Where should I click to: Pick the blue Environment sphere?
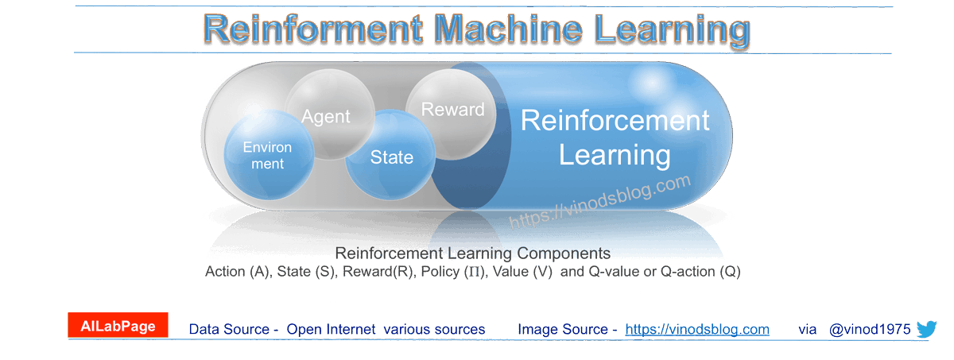point(268,154)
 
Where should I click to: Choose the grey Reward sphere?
point(452,111)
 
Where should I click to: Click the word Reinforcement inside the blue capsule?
point(615,121)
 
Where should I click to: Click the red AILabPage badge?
point(118,326)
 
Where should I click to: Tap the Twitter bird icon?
point(927,329)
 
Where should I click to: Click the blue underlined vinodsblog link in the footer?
point(697,329)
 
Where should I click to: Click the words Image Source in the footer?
point(563,329)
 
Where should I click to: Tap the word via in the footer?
point(808,329)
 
